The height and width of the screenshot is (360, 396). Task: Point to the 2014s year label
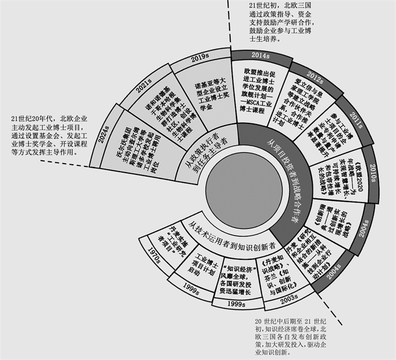point(259,55)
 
